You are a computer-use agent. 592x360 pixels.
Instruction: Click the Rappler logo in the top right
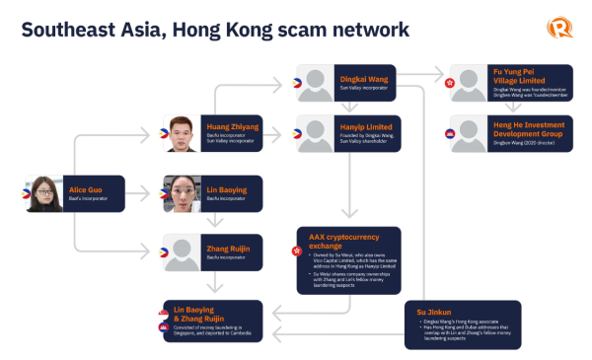point(560,29)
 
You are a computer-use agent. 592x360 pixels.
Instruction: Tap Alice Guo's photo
point(45,195)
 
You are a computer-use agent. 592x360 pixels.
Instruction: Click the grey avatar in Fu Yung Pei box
point(471,83)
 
